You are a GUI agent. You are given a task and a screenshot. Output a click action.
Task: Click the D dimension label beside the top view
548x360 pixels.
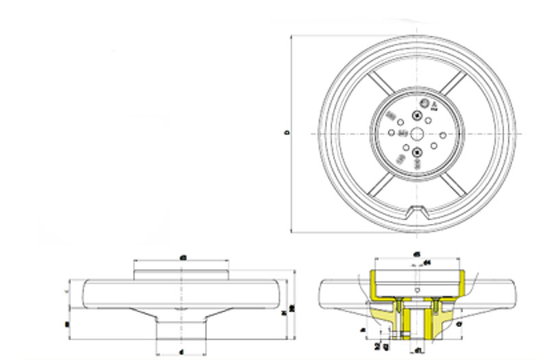pos(286,133)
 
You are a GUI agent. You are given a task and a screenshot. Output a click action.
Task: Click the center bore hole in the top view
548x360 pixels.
pos(417,133)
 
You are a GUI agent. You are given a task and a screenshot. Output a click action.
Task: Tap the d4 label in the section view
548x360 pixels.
pos(427,262)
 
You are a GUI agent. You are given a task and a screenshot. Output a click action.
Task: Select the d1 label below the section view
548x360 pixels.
pos(417,351)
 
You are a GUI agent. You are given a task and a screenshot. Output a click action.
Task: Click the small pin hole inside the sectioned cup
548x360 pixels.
pos(415,290)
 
